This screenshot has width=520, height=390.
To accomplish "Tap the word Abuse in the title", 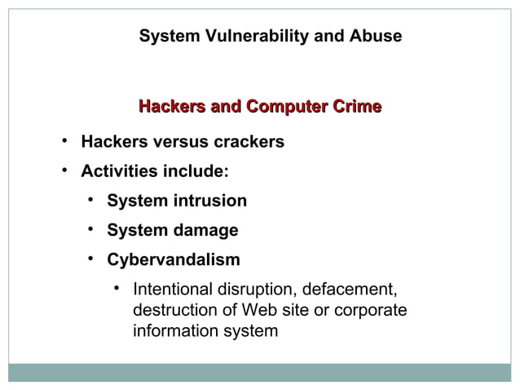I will click(x=373, y=37).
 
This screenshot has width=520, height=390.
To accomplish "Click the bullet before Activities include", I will click(x=63, y=171).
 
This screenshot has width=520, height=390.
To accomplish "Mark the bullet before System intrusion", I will click(x=92, y=200).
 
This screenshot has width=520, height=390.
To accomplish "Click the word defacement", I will click(x=351, y=290).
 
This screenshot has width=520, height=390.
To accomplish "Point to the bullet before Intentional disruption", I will click(x=118, y=288).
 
